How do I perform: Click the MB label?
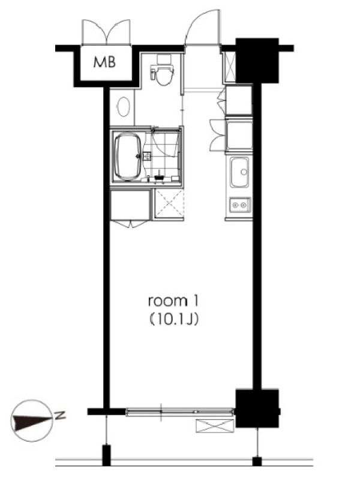(104, 62)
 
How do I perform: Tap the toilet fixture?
(162, 70)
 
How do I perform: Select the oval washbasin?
(124, 107)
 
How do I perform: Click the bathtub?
(128, 157)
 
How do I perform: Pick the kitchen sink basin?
(239, 172)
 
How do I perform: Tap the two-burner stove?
(240, 204)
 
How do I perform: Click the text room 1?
(173, 301)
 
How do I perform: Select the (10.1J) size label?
(173, 320)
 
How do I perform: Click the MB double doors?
(106, 32)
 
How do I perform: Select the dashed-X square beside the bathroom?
(169, 203)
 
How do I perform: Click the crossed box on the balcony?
(215, 426)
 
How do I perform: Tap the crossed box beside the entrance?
(229, 67)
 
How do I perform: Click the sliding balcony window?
(180, 412)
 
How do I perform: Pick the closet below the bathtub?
(131, 205)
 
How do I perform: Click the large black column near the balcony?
(257, 409)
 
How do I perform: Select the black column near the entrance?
(257, 61)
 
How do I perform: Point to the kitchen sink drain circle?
(244, 172)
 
